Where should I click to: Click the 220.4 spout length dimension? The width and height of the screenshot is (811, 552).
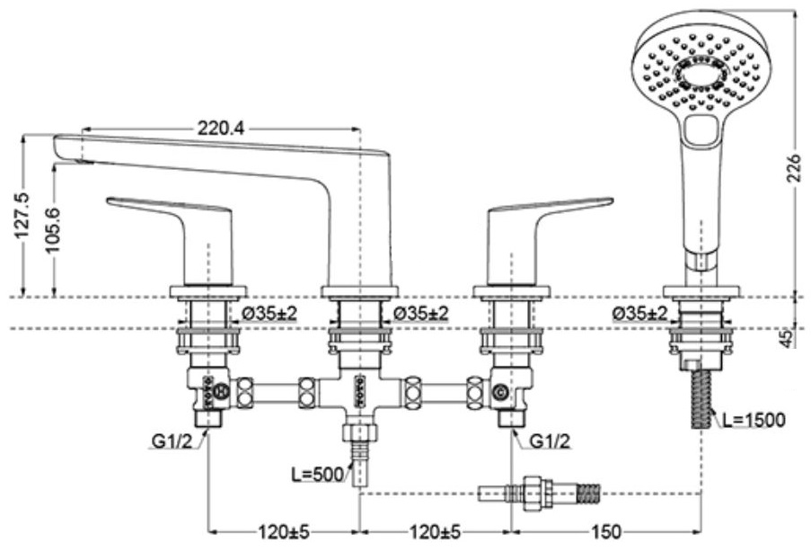(x=220, y=129)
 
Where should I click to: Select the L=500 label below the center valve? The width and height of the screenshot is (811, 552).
(x=316, y=475)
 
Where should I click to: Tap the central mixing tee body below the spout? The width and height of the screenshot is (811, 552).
(x=359, y=392)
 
